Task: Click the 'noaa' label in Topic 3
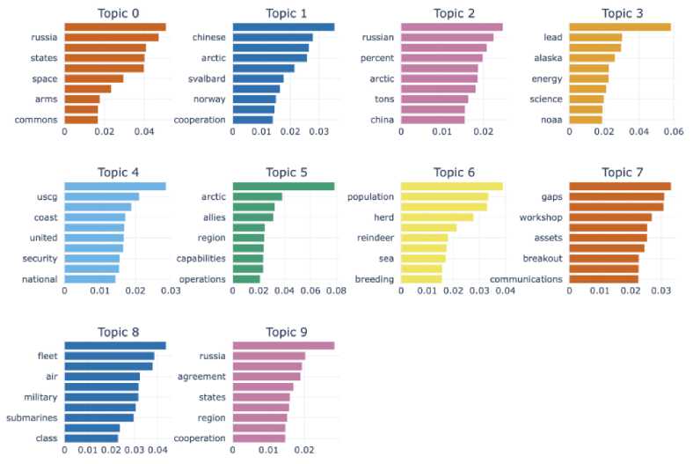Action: click(549, 120)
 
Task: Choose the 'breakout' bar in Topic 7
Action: click(603, 259)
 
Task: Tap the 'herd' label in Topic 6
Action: click(381, 217)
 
